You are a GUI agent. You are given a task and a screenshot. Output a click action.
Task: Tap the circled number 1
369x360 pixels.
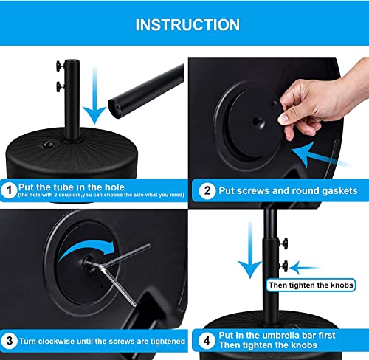(10, 190)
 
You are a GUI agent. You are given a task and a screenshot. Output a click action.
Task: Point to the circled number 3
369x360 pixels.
(10, 342)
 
